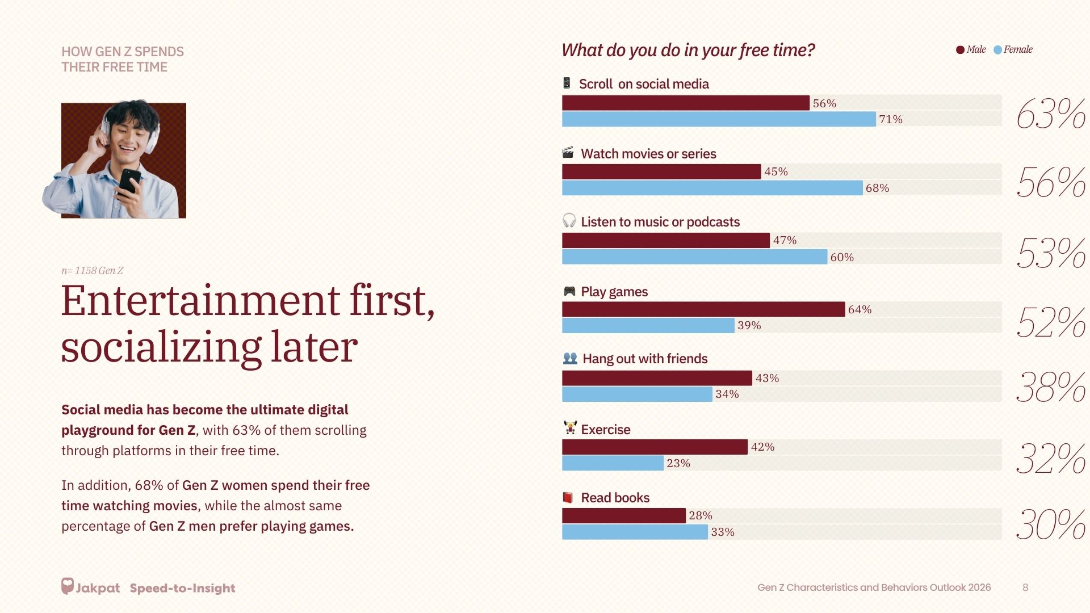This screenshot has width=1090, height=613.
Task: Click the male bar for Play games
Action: tap(703, 309)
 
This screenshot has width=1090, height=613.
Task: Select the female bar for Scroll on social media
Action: tap(719, 119)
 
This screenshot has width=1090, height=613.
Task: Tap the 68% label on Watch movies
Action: tap(877, 188)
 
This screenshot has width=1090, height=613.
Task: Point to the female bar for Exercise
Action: tap(613, 463)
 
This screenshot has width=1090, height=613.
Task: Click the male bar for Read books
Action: tap(623, 515)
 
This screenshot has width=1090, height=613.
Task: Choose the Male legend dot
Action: tap(960, 50)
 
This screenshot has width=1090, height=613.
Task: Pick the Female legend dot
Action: tap(997, 50)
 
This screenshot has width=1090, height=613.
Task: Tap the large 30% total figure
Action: tap(1050, 524)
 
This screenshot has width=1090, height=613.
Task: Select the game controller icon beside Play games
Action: tap(569, 292)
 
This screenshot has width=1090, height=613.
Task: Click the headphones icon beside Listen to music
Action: tap(569, 221)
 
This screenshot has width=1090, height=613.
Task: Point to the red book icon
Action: tap(568, 498)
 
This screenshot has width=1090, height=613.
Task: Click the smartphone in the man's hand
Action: tap(129, 180)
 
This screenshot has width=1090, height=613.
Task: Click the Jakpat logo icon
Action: tap(68, 586)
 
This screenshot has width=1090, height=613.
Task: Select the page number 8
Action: tap(1025, 587)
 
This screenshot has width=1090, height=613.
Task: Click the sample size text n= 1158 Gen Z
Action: tap(92, 271)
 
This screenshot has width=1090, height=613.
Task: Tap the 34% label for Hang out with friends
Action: tap(727, 394)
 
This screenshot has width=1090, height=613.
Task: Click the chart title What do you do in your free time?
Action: tap(688, 51)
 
